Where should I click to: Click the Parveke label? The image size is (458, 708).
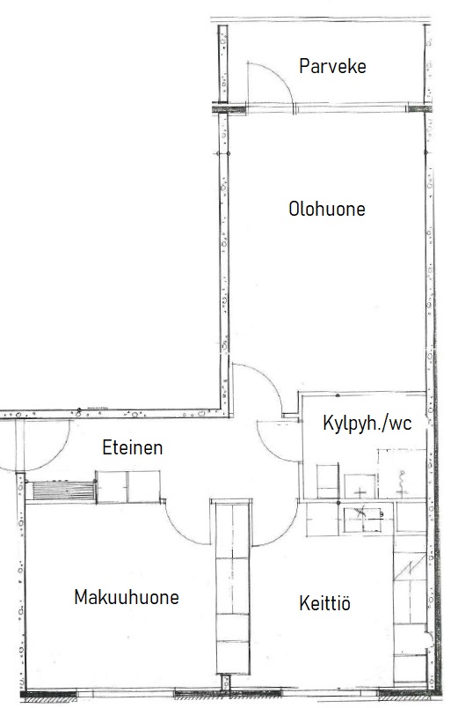[332, 66]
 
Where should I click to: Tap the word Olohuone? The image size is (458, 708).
[327, 209]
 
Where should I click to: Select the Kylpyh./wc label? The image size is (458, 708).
[367, 424]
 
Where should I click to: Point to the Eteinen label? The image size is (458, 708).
[133, 447]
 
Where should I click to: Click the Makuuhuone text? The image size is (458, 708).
[127, 597]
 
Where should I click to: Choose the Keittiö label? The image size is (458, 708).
[324, 603]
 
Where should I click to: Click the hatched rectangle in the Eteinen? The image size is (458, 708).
[63, 490]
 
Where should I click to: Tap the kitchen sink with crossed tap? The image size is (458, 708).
[363, 520]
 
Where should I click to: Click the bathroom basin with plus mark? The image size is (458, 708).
[360, 487]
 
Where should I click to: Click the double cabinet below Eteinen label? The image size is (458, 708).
[128, 487]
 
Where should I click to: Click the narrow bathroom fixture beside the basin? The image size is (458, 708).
[328, 482]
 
